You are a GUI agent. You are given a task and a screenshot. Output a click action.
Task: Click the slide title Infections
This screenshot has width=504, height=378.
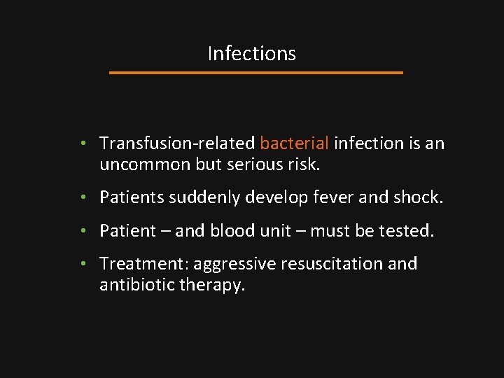click(251, 54)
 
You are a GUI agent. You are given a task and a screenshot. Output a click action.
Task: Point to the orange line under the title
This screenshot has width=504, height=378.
click(257, 72)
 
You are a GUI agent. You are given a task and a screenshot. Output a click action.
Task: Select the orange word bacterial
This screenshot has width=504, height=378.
click(294, 143)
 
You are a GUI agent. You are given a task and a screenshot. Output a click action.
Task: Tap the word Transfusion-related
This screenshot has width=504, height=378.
click(177, 143)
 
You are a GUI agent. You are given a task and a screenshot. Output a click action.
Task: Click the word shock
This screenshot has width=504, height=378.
click(419, 198)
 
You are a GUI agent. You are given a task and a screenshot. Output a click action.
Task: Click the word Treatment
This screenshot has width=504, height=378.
click(144, 264)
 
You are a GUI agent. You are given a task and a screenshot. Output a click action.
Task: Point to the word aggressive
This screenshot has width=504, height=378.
click(235, 265)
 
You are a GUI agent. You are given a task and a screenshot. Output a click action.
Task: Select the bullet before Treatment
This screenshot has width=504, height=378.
click(83, 264)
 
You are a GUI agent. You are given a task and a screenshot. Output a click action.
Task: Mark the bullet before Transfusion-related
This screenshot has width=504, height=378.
click(83, 143)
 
